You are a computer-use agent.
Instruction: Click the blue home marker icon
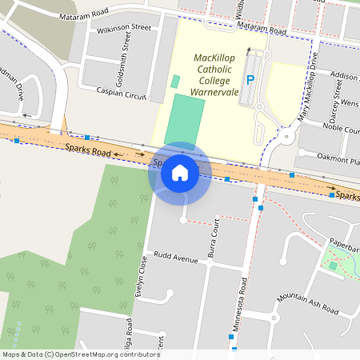[179, 172]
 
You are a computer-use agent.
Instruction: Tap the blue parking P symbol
[250, 80]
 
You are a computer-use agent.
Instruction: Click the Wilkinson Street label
[124, 28]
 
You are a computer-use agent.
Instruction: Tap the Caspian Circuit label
[121, 94]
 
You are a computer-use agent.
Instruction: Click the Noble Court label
[341, 128]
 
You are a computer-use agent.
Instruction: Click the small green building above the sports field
[175, 82]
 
